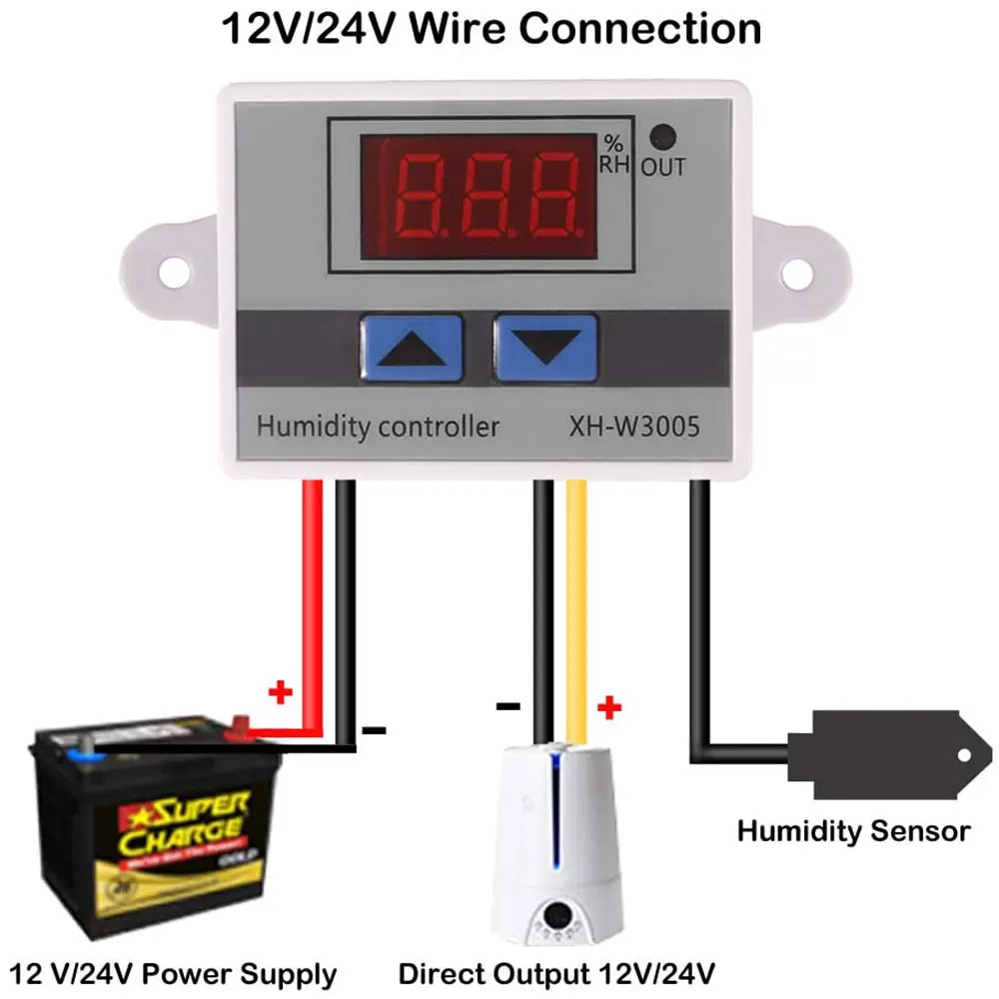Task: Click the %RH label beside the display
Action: (x=614, y=153)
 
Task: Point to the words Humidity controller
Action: (x=379, y=427)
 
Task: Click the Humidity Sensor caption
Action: (x=853, y=830)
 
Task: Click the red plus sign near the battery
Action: (x=282, y=691)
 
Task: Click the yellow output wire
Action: (x=577, y=599)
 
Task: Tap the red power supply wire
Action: (x=313, y=599)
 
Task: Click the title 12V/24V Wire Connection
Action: (x=491, y=28)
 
